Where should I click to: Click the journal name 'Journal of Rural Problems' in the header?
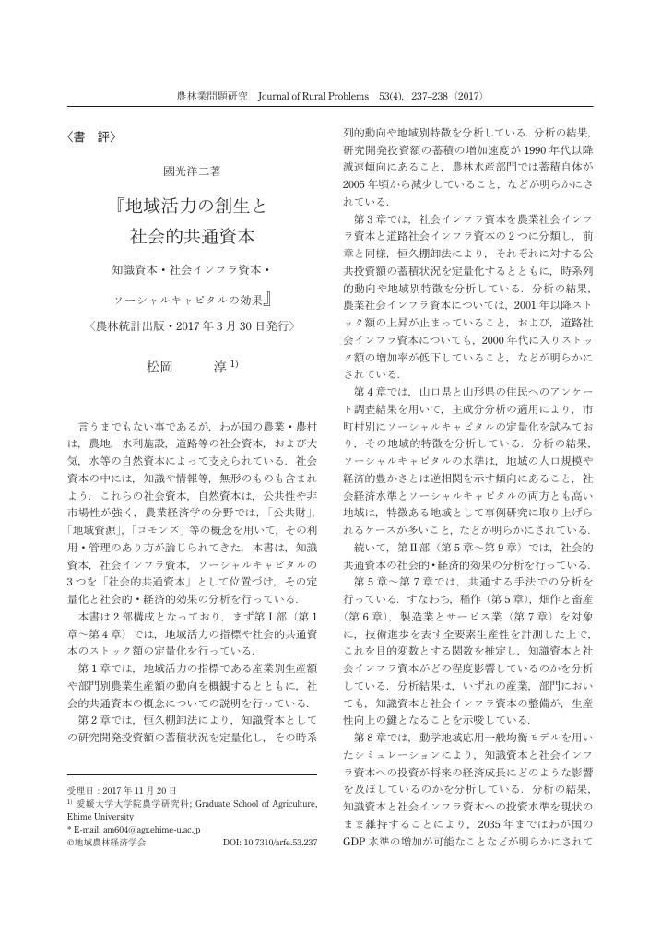coord(313,95)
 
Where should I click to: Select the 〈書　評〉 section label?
coord(90,137)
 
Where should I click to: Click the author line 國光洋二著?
coord(192,171)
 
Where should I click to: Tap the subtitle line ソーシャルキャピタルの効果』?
coord(197,301)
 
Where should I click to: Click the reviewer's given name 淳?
coord(219,367)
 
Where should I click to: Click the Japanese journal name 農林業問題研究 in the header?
coord(211,95)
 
